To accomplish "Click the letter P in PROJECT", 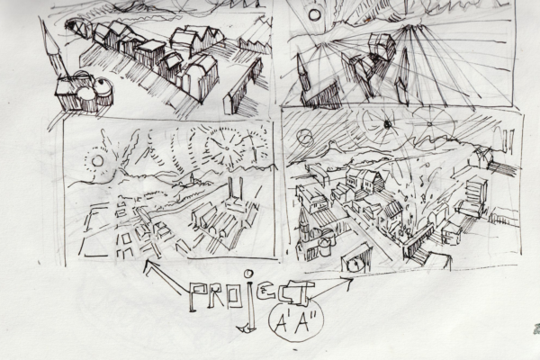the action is tap(197, 297).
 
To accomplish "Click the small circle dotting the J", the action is tap(248, 274).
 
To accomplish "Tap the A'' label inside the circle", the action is tap(304, 324).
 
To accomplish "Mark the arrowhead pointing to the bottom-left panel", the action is tap(149, 266).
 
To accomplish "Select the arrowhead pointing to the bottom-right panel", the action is tap(348, 281).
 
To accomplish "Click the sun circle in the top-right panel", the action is tap(314, 14).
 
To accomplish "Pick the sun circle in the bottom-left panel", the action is tap(97, 160).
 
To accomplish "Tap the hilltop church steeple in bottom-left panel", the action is tap(193, 178).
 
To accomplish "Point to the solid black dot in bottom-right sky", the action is tap(387, 124).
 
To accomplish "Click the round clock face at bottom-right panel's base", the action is tap(355, 265).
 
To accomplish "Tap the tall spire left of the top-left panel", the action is tap(51, 49).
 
